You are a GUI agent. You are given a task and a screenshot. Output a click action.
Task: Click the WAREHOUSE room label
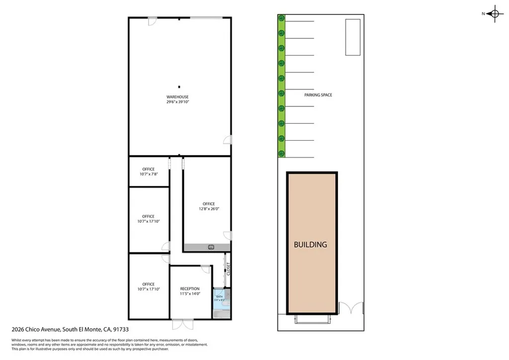point(177,97)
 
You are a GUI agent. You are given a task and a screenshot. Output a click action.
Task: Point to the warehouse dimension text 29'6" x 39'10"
point(177,102)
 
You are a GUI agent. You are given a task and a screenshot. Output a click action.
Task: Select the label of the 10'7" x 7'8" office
point(148,169)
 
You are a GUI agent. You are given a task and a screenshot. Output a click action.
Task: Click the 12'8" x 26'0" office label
point(208,204)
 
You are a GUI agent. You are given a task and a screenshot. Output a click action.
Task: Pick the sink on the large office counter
point(211,247)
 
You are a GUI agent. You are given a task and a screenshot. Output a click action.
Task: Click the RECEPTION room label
point(190,289)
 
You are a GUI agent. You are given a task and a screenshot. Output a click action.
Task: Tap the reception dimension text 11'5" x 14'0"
point(190,294)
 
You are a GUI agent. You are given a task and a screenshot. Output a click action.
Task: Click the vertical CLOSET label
point(228,269)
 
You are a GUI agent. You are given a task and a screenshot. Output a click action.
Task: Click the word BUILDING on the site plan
point(310,245)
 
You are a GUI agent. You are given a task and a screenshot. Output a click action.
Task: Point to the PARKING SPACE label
point(318,95)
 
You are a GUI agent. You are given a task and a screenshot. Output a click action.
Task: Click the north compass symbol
point(494,14)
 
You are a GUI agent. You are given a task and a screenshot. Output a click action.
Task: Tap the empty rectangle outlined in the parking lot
point(352,37)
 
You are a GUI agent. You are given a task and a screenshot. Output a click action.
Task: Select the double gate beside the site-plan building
point(351,309)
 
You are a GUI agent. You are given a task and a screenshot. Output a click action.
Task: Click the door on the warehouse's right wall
point(228,140)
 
